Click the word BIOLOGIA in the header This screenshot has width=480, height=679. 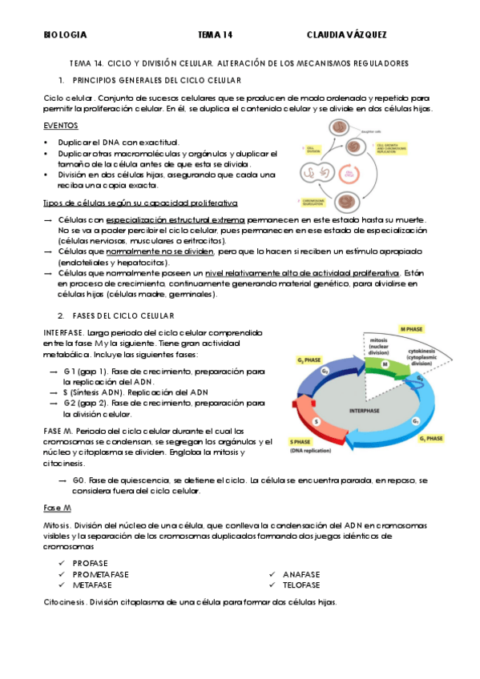(x=65, y=35)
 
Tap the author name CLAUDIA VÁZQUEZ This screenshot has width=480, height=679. (x=348, y=35)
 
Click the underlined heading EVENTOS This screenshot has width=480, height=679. (x=61, y=126)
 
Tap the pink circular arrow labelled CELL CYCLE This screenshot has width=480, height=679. (x=348, y=173)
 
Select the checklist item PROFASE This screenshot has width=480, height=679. (x=90, y=563)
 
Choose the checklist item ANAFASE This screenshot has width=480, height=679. (x=301, y=574)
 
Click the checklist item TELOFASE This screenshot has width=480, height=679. (x=301, y=585)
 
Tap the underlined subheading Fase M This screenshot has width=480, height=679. (x=56, y=508)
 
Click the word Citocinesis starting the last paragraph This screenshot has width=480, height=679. (x=64, y=601)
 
